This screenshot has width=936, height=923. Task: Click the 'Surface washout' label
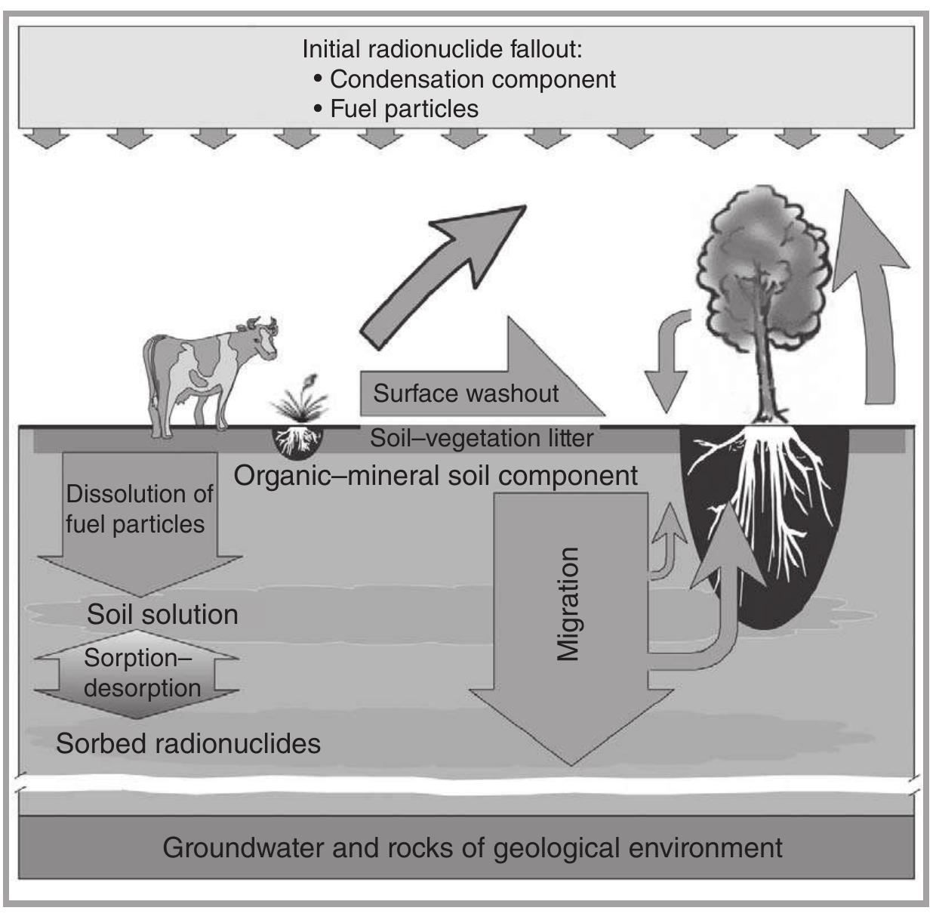(x=466, y=394)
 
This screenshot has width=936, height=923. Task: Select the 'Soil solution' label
(x=162, y=614)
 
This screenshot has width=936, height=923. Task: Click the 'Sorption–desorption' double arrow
(x=140, y=673)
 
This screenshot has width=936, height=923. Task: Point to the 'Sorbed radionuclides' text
(x=188, y=743)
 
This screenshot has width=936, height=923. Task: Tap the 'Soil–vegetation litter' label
(x=481, y=438)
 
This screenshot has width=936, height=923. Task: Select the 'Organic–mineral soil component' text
(x=436, y=475)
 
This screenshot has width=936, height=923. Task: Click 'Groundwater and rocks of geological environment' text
(x=472, y=847)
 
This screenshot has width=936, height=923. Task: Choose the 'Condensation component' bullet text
(x=472, y=79)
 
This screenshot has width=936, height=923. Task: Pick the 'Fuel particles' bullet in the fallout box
(x=404, y=109)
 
